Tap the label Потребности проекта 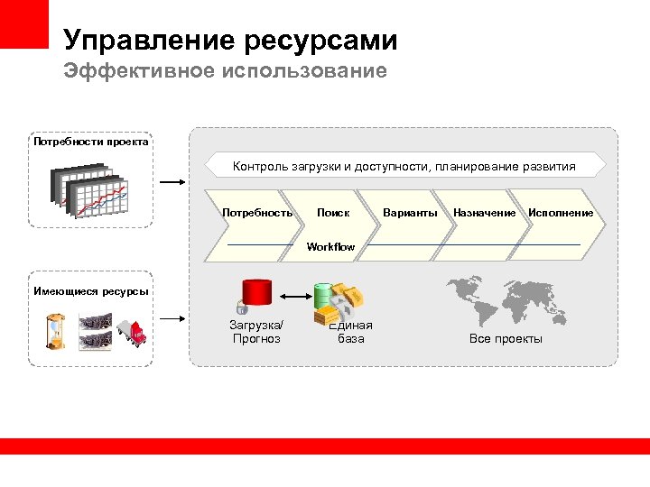pos(90,142)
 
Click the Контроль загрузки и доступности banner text pos(404,166)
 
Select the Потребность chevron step pos(256,213)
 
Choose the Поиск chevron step pos(333,213)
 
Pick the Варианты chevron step pos(410,213)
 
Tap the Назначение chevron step pos(484,213)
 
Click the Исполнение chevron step pos(561,213)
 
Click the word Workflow pos(331,246)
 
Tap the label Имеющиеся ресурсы pos(90,290)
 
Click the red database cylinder pos(256,295)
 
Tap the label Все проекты pos(506,338)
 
